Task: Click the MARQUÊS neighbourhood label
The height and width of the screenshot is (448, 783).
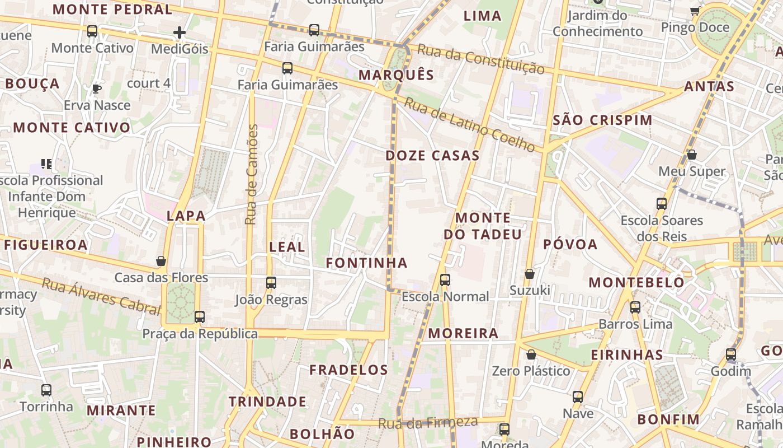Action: tap(396, 75)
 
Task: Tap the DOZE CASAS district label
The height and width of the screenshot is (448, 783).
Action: tap(432, 156)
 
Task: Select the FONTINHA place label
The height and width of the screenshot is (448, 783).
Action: tap(366, 263)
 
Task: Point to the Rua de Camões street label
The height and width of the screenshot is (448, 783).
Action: tap(252, 175)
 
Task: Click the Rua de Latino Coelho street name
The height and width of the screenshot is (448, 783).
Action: tap(470, 125)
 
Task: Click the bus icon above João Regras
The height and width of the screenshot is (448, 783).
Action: tap(271, 283)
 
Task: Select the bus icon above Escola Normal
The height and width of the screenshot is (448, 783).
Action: tap(445, 279)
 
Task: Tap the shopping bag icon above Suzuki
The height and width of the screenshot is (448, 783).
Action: tap(529, 274)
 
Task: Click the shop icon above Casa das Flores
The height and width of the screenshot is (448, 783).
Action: tap(161, 261)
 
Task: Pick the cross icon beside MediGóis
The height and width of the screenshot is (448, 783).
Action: tap(179, 32)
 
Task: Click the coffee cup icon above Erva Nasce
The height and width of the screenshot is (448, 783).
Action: tap(96, 88)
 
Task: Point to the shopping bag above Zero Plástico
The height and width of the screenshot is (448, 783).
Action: tap(531, 354)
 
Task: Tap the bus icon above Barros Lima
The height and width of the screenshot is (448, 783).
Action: tap(635, 307)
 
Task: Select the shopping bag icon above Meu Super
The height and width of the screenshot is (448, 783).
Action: tap(692, 155)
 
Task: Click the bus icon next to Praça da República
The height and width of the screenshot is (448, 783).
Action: tap(200, 316)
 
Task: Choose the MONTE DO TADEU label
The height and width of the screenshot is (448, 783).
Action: tap(483, 226)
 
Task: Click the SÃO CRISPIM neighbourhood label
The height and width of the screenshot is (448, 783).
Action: tap(602, 120)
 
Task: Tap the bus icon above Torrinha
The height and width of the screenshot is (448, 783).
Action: tap(46, 390)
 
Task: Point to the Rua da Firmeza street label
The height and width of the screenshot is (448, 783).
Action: tap(428, 423)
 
